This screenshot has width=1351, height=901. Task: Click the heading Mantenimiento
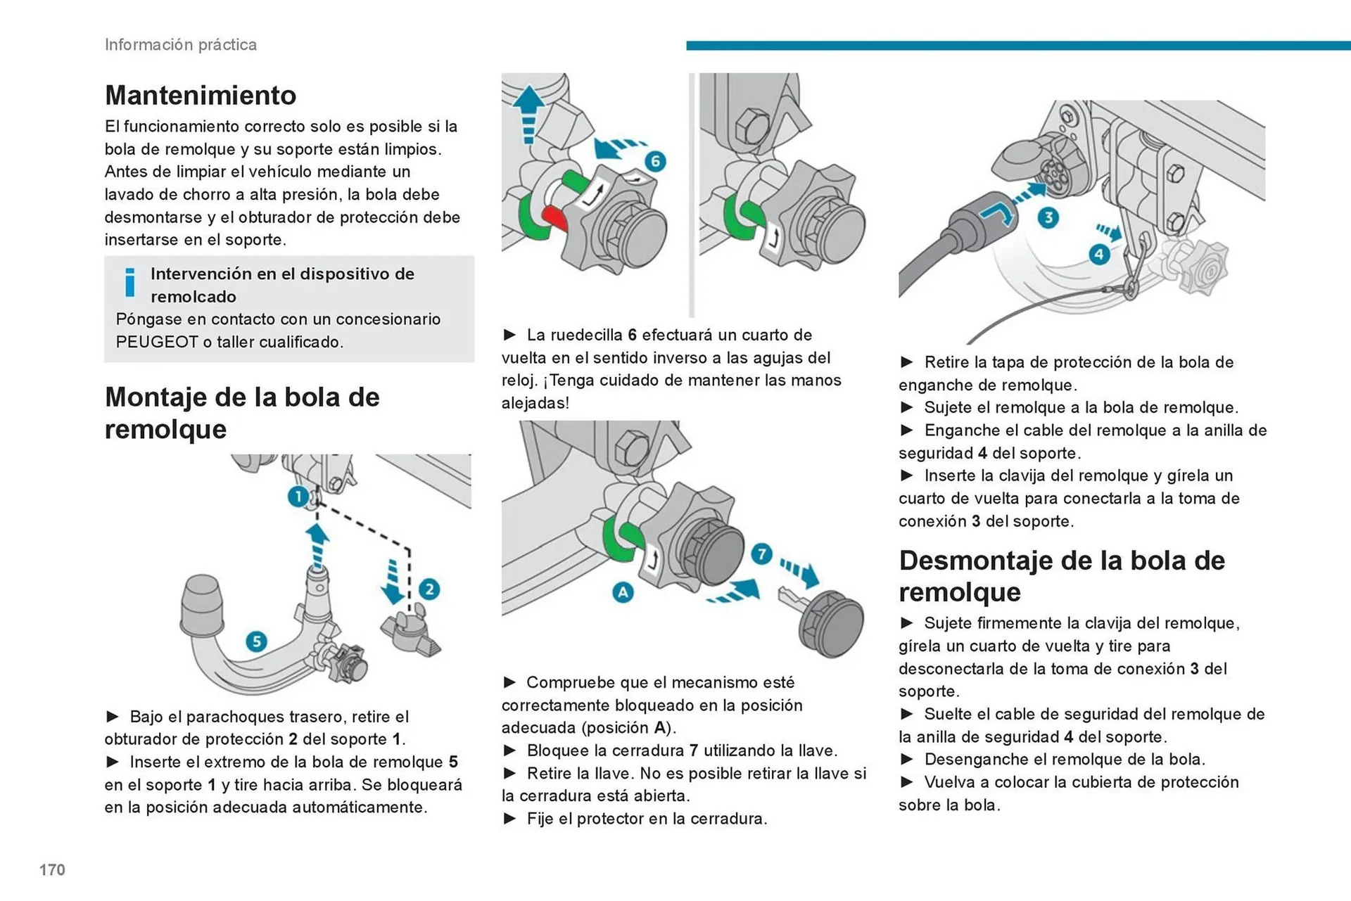[x=201, y=96]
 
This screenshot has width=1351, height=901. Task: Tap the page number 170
[x=52, y=869]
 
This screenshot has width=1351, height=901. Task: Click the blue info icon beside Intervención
[x=129, y=283]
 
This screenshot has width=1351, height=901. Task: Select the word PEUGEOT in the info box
[x=156, y=342]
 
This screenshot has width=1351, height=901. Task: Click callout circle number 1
[x=298, y=497]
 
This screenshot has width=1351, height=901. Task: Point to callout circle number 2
[x=429, y=589]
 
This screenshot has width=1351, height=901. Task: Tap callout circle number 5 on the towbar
[x=256, y=641]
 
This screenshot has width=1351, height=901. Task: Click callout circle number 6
[x=655, y=161]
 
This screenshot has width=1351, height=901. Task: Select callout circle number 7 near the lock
[x=761, y=554]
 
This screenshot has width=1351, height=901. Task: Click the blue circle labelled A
[x=622, y=592]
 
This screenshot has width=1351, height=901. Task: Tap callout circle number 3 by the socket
[x=1048, y=217]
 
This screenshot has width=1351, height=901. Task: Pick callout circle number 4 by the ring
[x=1100, y=254]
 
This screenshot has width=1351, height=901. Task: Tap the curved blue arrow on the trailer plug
[x=998, y=211]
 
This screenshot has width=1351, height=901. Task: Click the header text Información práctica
[x=181, y=44]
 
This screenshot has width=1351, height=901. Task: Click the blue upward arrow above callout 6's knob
[x=528, y=113]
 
